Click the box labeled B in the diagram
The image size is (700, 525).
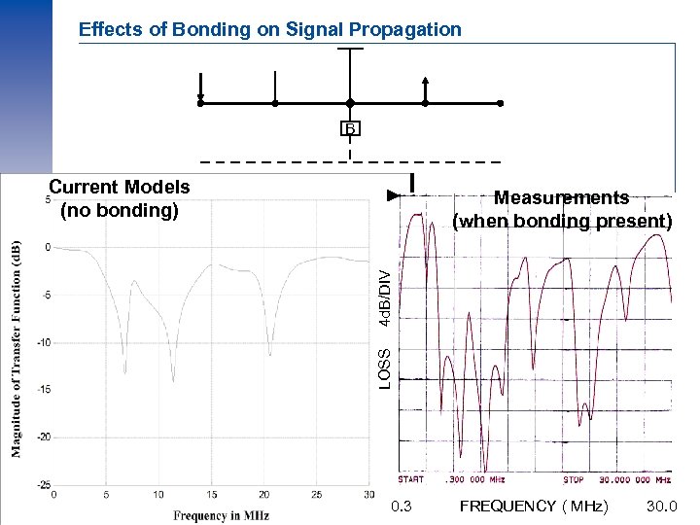350,128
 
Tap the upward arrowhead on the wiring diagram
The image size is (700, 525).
425,81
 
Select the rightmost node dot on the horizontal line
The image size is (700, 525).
501,103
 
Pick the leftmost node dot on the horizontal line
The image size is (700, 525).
200,103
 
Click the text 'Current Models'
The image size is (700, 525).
120,187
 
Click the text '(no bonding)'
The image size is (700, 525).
120,209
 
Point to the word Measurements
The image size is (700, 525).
562,197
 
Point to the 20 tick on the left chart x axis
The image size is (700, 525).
263,495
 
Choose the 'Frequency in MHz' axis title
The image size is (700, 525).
222,514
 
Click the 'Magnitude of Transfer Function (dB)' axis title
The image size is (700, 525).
16,348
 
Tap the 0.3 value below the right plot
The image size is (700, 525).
401,507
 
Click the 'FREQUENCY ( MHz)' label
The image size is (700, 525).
534,507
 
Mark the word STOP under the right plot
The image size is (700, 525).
574,480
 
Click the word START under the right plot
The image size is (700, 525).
411,480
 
